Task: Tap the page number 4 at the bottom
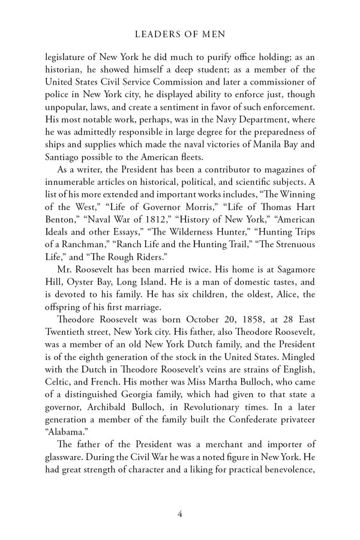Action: (180, 513)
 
